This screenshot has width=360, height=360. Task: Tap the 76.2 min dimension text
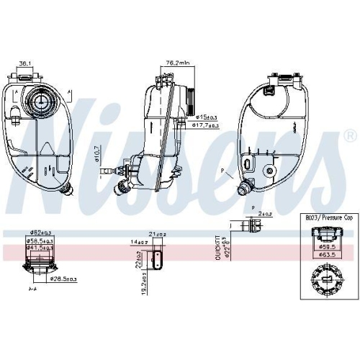[177, 62]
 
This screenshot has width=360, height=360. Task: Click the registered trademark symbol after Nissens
[349, 135]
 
